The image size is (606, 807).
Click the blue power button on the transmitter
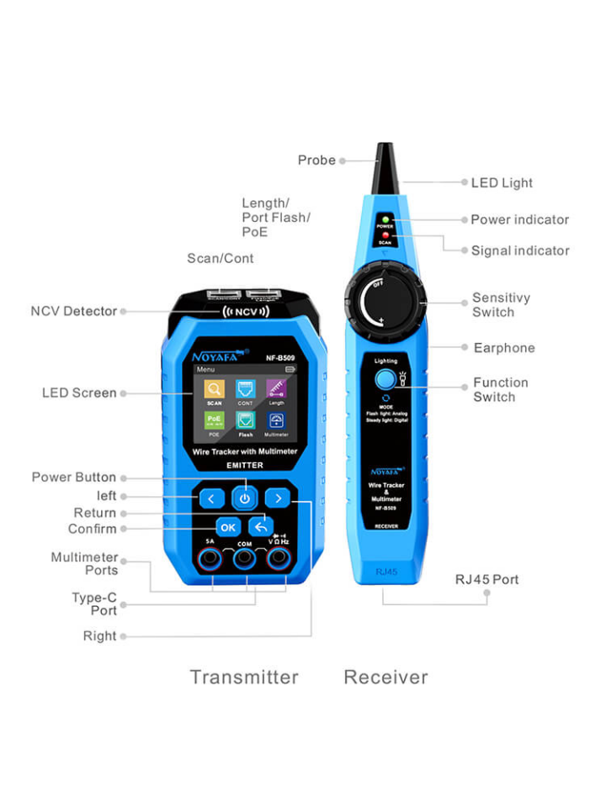pos(244,498)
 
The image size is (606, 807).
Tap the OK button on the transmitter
pos(227,527)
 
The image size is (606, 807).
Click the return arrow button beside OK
pos(261,527)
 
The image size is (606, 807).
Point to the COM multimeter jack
pos(244,561)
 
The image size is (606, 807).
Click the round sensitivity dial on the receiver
pos(386,301)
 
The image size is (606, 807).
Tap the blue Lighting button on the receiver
pos(386,378)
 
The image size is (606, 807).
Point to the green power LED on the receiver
pos(385,219)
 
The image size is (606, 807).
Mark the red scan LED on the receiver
pos(385,235)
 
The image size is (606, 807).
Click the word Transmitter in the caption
pos(244,677)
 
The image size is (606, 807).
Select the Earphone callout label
pos(504,348)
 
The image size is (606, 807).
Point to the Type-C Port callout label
pos(94,604)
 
